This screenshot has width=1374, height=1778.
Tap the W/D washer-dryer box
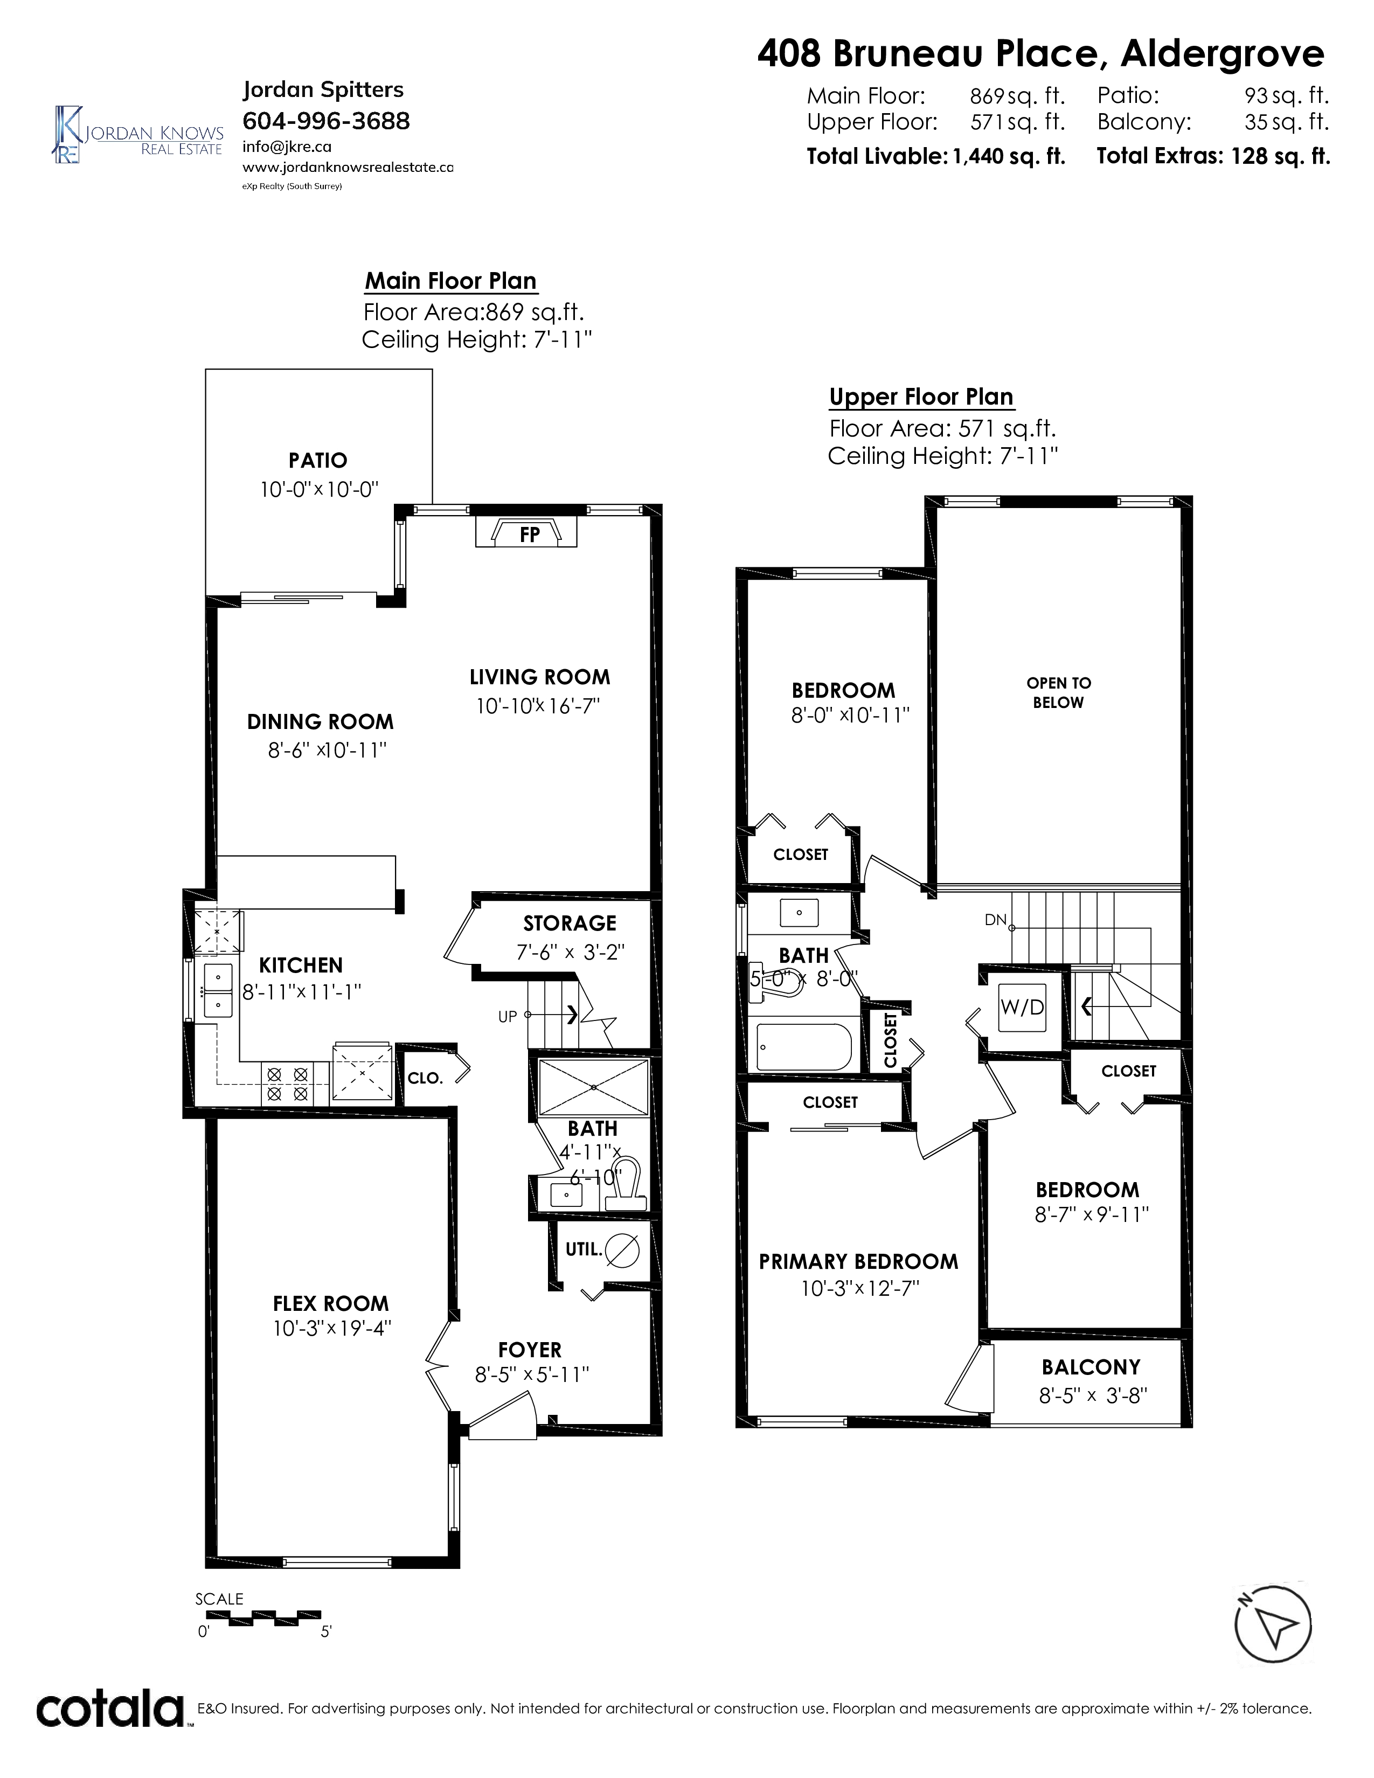(1022, 1007)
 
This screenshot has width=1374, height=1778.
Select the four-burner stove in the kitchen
(287, 1085)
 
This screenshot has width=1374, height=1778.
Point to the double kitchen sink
(217, 991)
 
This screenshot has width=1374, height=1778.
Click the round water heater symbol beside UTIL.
(623, 1249)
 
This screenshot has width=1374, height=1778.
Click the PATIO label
(317, 461)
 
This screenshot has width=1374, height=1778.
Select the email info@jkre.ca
(287, 147)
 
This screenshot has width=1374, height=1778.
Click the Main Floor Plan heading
(450, 281)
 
